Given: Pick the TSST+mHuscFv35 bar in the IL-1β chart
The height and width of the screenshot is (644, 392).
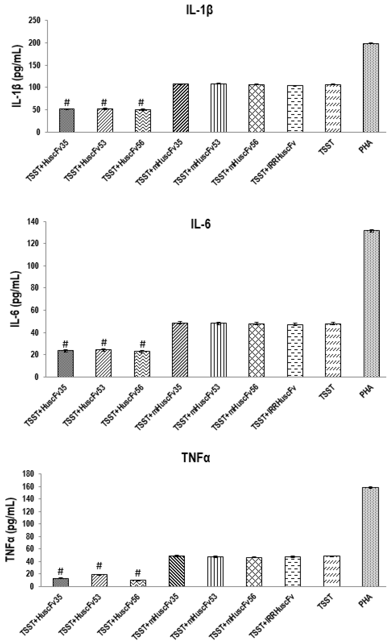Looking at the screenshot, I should pyautogui.click(x=181, y=108).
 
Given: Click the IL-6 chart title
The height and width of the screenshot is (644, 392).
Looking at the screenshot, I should pyautogui.click(x=200, y=224).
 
